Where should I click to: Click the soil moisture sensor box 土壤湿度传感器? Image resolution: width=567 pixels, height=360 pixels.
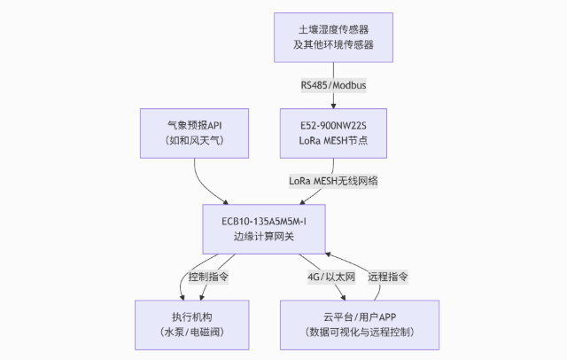(x=332, y=36)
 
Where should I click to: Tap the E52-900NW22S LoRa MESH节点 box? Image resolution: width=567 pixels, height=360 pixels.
(x=332, y=131)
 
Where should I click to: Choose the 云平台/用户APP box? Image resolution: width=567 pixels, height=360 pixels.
(x=360, y=323)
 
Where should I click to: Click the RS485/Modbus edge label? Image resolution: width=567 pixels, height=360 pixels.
(x=332, y=85)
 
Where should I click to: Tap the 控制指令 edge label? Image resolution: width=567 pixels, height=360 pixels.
(x=208, y=276)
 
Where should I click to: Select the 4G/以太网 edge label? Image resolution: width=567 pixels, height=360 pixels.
(x=331, y=276)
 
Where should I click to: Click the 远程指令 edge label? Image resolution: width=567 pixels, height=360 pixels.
(x=387, y=276)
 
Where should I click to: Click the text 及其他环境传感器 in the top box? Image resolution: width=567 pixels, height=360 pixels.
(x=332, y=45)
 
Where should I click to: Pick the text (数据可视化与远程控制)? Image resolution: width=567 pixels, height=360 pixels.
(x=360, y=332)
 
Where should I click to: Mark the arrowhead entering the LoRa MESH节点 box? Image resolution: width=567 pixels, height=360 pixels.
(x=332, y=105)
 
